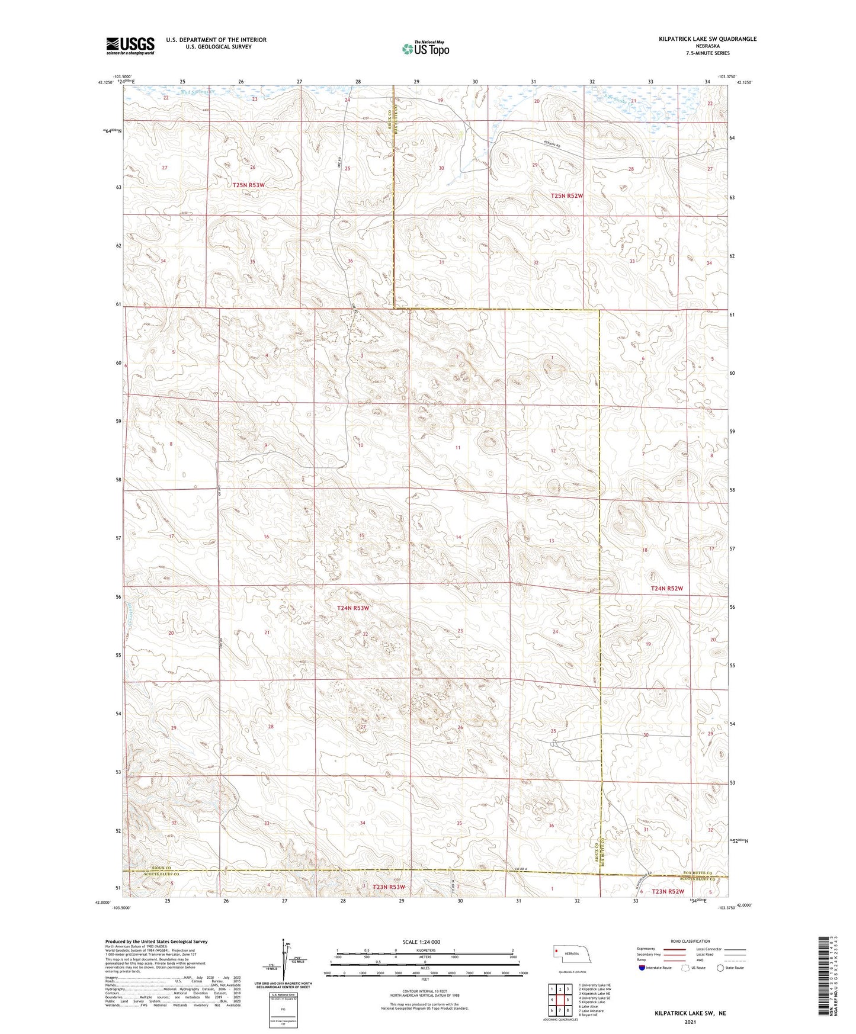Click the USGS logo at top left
click(x=130, y=45)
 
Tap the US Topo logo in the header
click(x=425, y=49)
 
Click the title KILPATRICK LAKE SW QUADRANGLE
click(x=707, y=39)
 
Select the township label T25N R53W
click(x=248, y=185)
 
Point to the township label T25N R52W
click(x=566, y=196)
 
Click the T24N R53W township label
click(x=352, y=608)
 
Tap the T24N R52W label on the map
click(x=666, y=589)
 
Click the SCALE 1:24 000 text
click(x=421, y=942)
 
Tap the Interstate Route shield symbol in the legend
click(x=642, y=968)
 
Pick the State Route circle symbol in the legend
click(x=720, y=968)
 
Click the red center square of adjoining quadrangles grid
click(x=560, y=999)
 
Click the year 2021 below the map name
click(x=690, y=1022)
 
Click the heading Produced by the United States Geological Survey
click(x=156, y=941)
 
